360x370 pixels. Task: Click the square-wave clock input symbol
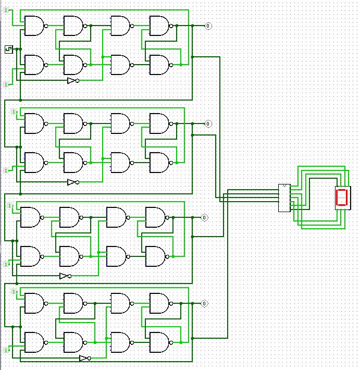coord(8,50)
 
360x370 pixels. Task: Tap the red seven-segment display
coord(342,198)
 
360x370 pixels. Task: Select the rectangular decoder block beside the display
coord(284,198)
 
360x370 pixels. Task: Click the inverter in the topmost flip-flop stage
coord(72,81)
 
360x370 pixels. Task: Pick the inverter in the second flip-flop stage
coord(72,182)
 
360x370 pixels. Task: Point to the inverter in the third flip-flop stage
coord(65,276)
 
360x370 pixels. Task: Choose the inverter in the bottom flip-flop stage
coord(84,358)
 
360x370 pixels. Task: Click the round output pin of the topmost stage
coord(208,26)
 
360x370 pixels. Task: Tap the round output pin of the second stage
coord(208,124)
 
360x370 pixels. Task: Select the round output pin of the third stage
coord(204,217)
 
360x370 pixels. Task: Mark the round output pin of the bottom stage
coord(204,303)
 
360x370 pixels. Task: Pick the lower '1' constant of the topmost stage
coord(6,84)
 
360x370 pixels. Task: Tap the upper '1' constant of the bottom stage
coord(14,290)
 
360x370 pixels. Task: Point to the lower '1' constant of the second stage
coord(6,170)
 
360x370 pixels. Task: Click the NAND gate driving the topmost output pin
coord(159,26)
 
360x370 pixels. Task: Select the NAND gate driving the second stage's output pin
coord(159,124)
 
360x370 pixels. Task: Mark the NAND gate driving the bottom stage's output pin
coord(159,303)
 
